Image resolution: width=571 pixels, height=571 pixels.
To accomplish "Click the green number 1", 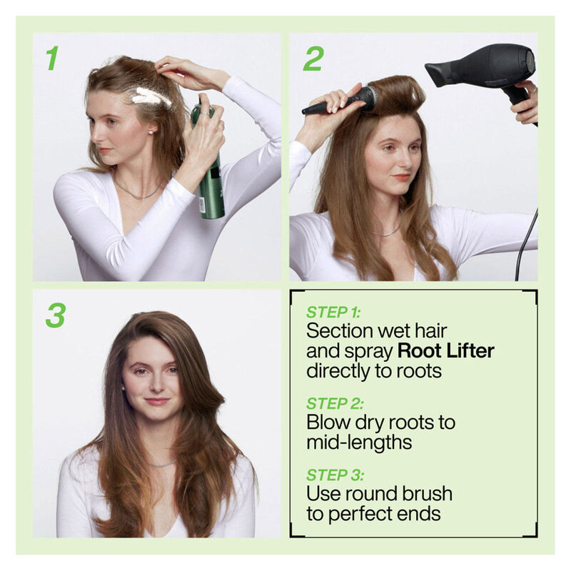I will [51, 59].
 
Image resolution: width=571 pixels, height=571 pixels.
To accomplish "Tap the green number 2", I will [313, 59].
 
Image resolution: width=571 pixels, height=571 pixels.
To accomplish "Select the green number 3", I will [56, 315].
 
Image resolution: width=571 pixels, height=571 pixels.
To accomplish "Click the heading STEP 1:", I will [334, 312].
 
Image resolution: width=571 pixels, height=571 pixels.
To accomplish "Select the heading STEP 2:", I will [335, 403].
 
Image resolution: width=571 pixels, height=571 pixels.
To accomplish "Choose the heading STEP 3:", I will [335, 475].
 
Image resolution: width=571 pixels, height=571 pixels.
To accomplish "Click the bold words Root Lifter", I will [445, 350].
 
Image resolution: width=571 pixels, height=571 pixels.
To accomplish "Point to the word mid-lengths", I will [359, 442].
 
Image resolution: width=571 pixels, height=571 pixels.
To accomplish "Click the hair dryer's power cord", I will [527, 243].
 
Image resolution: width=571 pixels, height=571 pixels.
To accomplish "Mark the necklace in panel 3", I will [162, 464].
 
